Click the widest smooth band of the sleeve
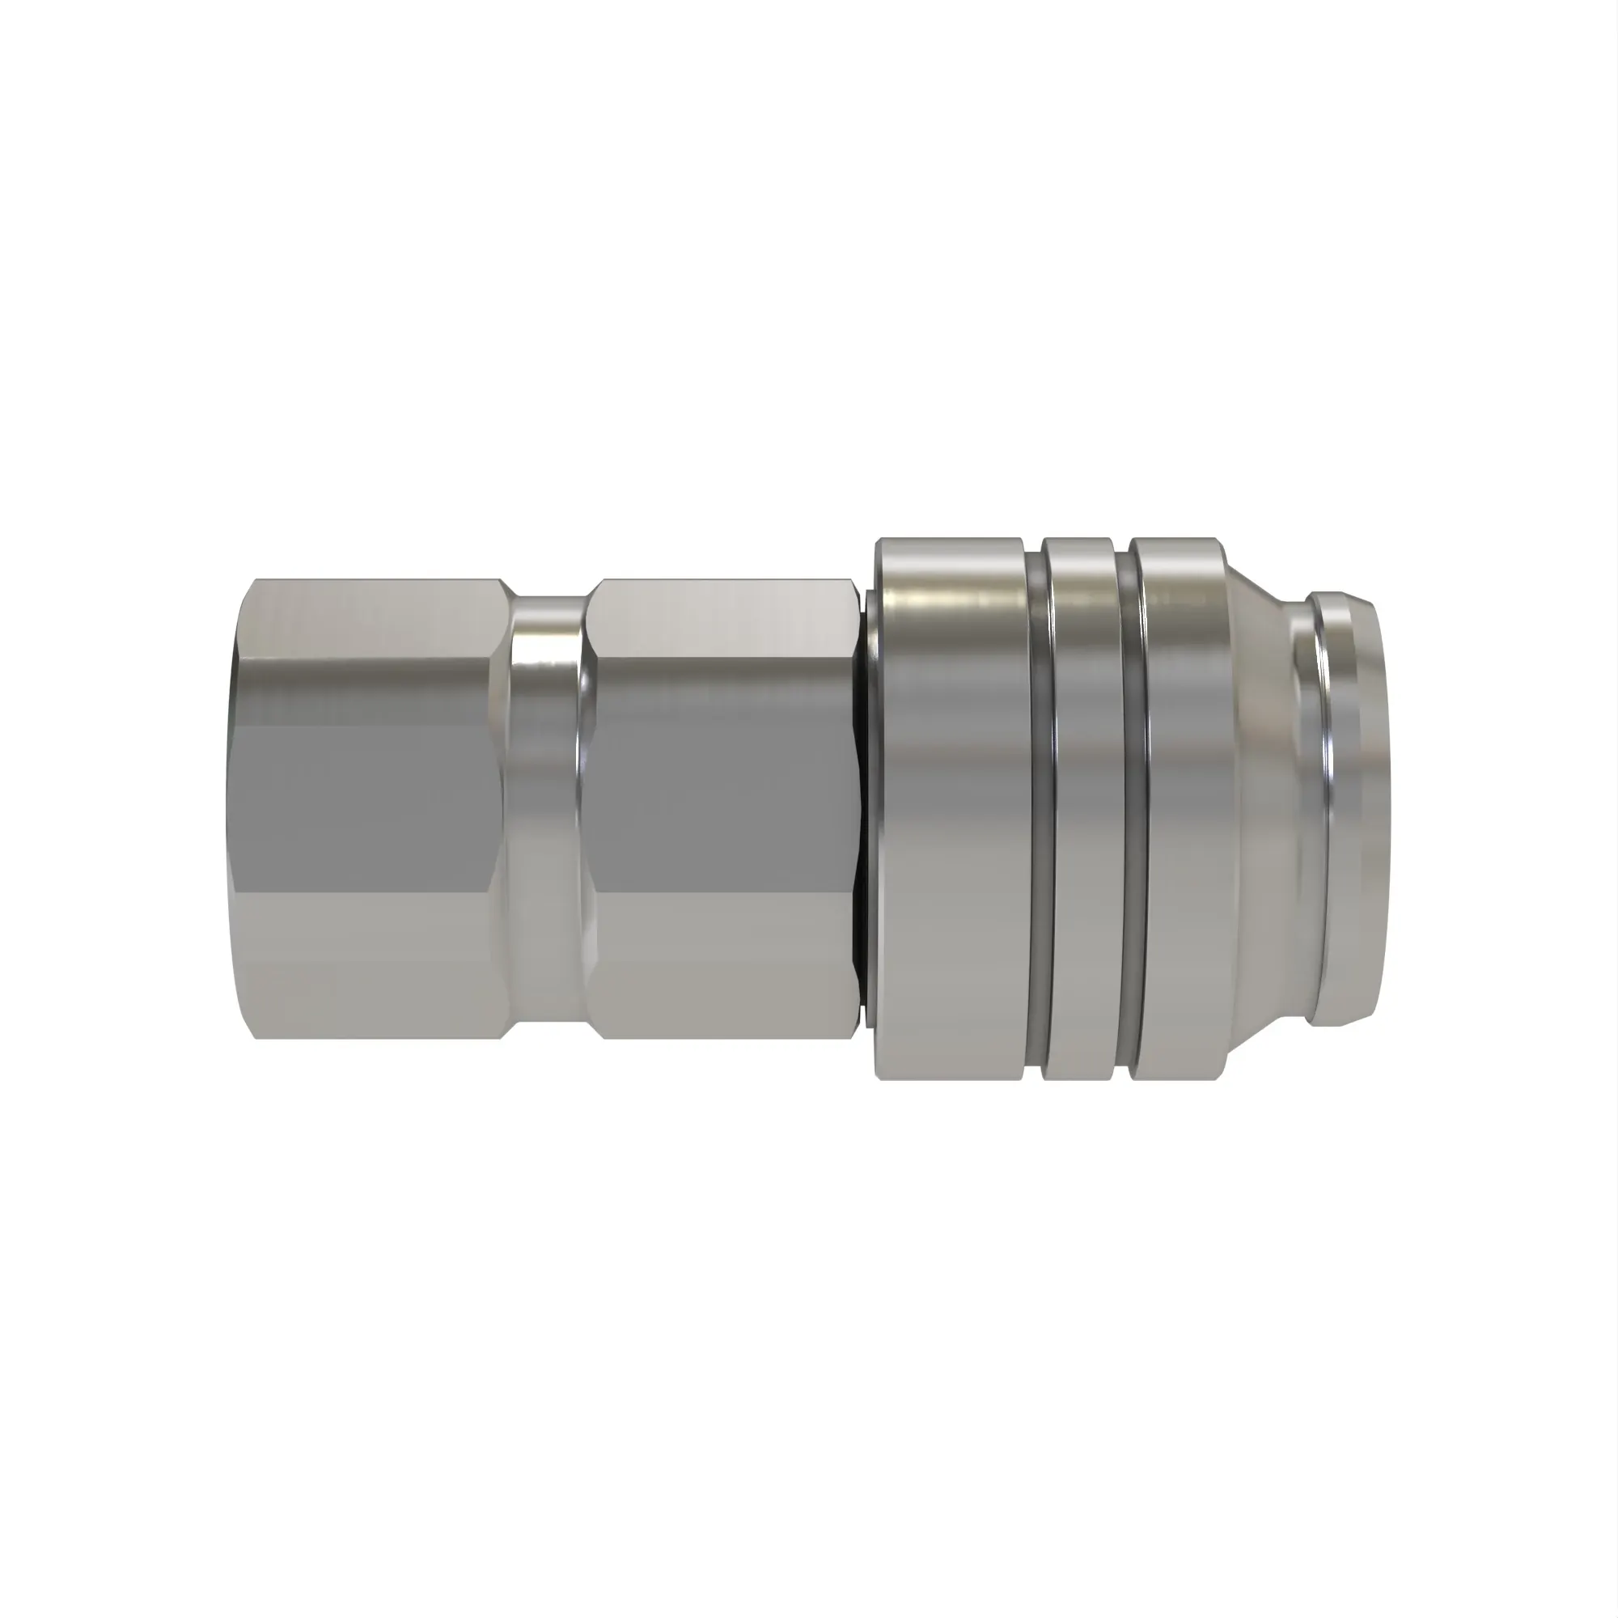(x=955, y=808)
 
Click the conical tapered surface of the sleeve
(x=1256, y=808)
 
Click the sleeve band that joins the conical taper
(x=1176, y=808)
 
